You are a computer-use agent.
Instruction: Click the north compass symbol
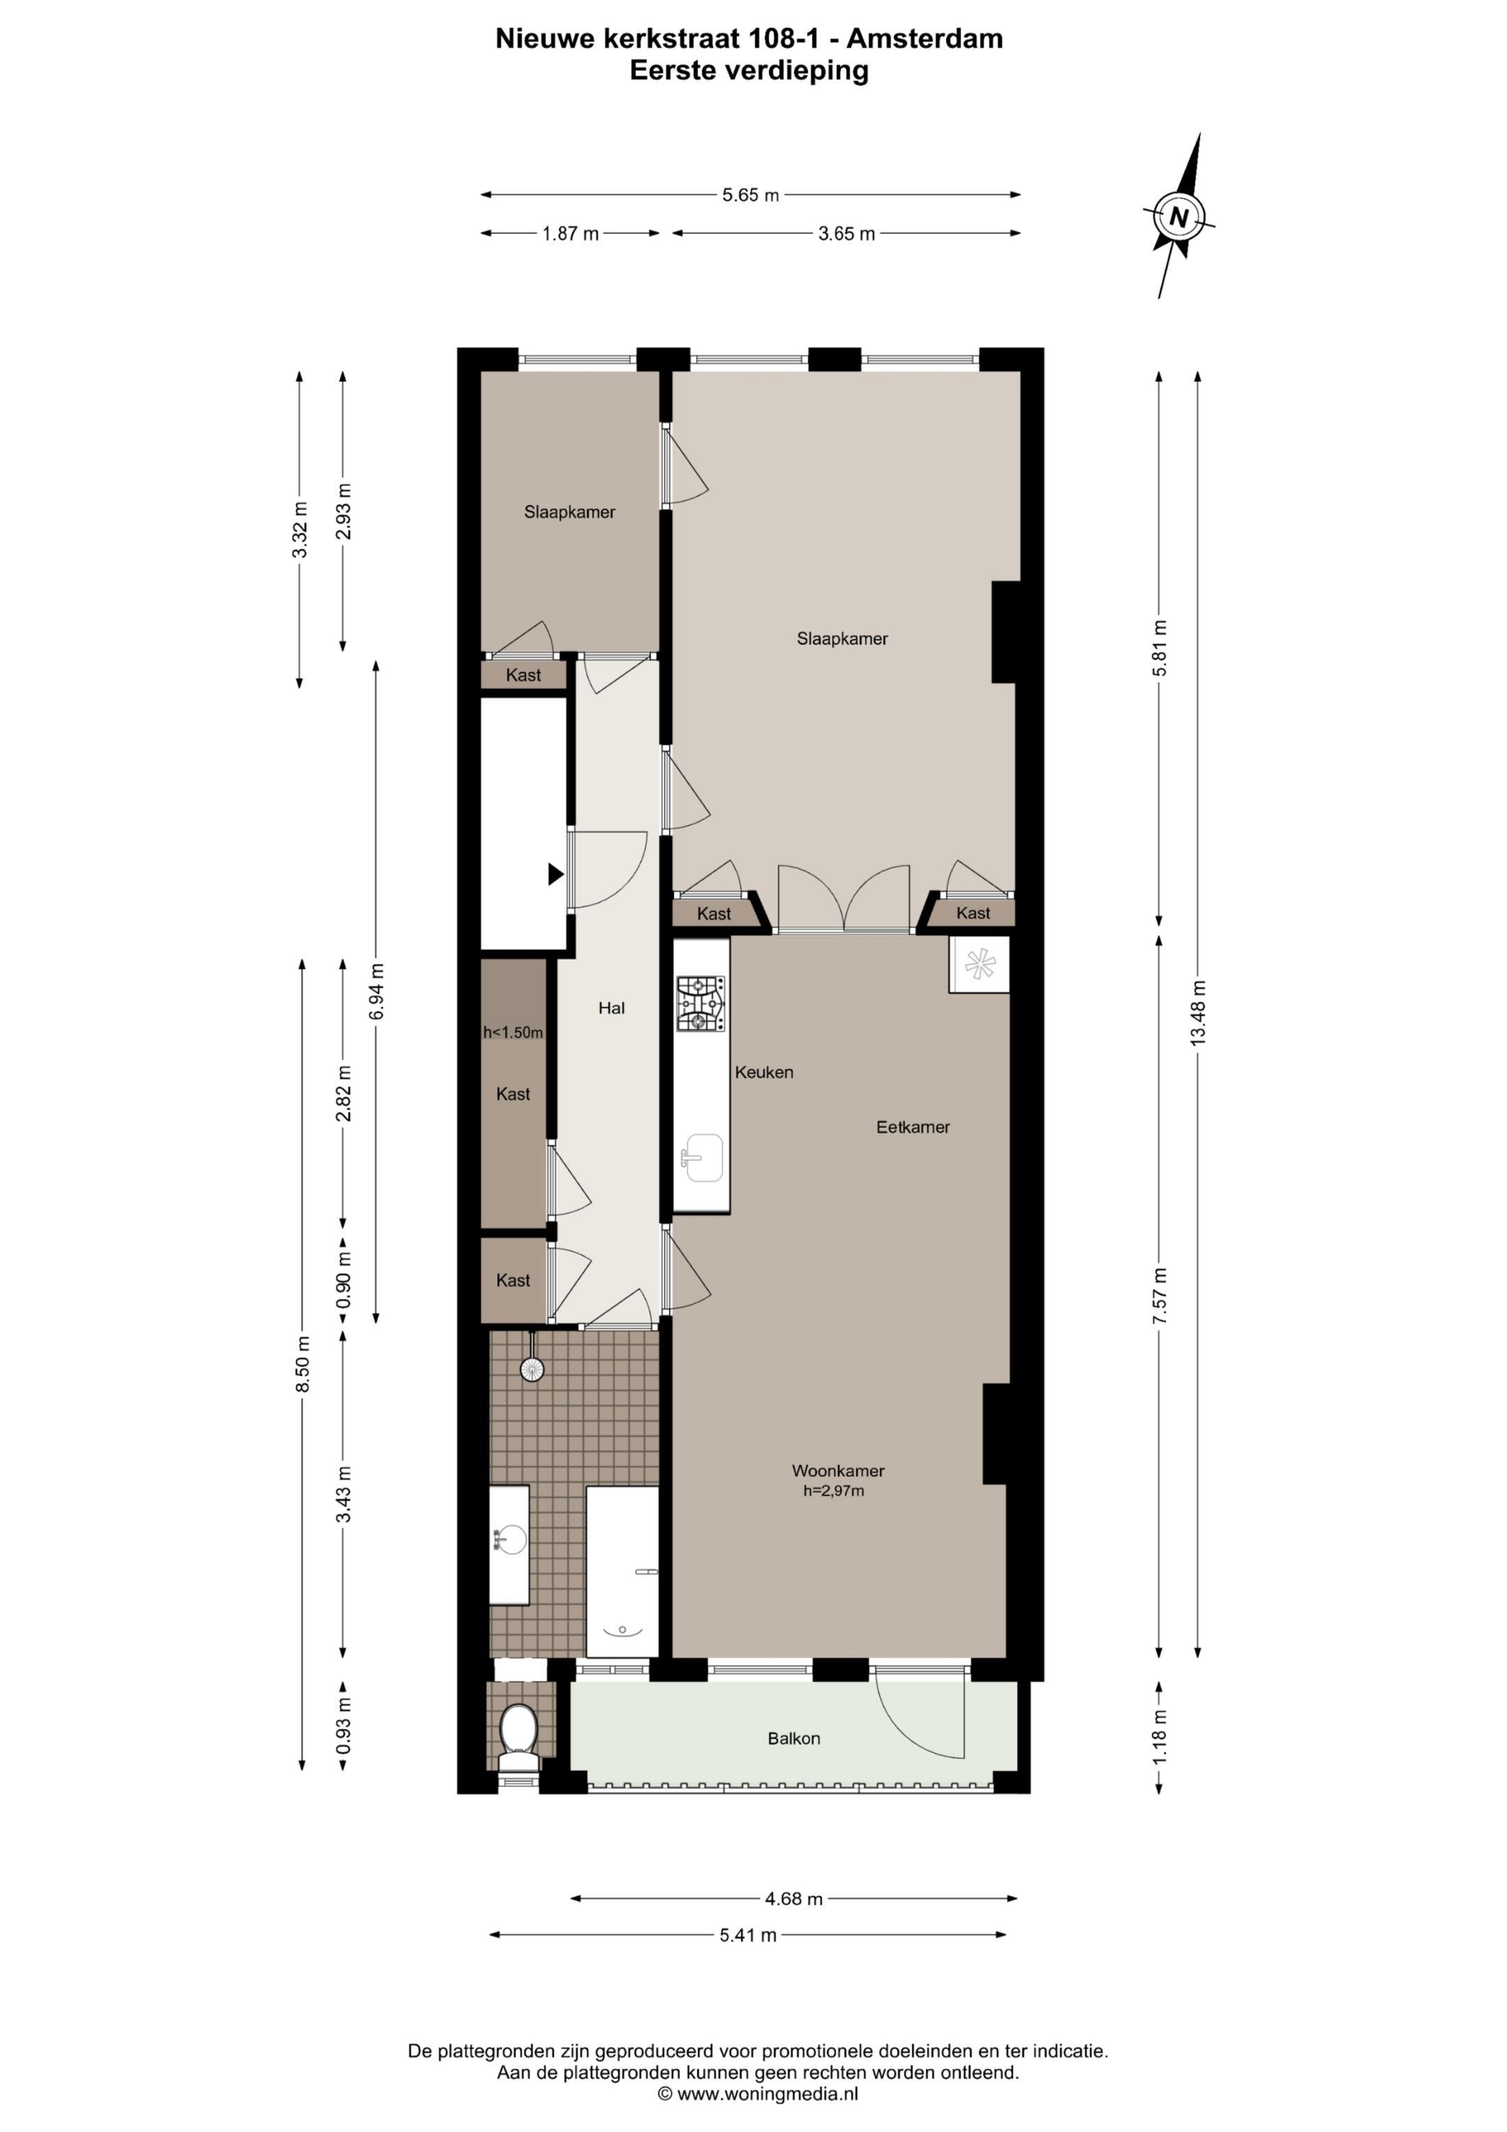1179,217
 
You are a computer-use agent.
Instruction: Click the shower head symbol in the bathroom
531,1368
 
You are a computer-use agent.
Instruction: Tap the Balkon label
794,1738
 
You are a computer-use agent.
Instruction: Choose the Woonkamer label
837,1471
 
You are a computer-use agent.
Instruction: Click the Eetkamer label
913,1127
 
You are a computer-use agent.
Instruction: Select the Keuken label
764,1073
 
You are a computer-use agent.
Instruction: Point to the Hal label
611,1008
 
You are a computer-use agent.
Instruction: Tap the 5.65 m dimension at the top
750,195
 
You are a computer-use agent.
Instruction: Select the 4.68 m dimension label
794,1899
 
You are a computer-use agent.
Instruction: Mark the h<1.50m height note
513,1033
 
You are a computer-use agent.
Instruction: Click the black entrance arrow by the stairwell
555,874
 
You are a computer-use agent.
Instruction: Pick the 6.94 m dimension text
376,992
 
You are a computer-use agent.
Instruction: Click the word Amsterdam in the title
925,39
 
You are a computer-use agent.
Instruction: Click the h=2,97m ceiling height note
834,1491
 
